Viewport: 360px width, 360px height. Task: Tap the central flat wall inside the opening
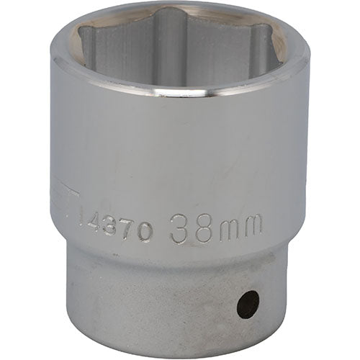(180, 58)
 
